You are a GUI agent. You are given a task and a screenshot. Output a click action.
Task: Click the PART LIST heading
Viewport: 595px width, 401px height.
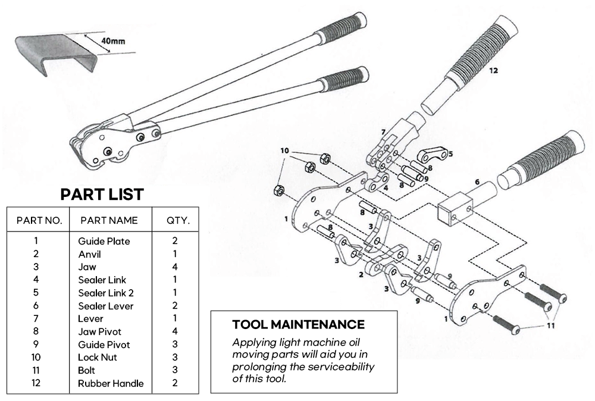(x=102, y=194)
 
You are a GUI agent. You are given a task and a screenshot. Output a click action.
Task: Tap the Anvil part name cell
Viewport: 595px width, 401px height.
(x=89, y=254)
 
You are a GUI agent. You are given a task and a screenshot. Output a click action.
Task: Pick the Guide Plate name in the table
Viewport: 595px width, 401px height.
(x=104, y=241)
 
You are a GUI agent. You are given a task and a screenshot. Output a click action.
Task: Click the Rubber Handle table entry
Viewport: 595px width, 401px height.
(x=111, y=383)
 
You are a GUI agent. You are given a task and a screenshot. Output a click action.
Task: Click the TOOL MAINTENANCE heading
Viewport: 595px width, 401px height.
(x=298, y=325)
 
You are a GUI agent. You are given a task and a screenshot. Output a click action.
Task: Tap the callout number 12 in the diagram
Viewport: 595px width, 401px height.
(x=493, y=70)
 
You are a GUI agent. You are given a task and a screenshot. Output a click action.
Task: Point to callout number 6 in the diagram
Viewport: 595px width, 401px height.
(x=476, y=182)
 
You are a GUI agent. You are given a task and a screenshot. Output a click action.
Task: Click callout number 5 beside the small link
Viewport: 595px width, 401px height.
(x=450, y=153)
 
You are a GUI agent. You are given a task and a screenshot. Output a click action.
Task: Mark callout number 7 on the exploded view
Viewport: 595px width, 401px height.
(x=383, y=132)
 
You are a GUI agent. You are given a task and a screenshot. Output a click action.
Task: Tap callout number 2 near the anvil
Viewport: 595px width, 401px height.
(x=361, y=275)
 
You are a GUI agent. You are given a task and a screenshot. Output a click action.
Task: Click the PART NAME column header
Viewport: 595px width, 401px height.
(x=109, y=221)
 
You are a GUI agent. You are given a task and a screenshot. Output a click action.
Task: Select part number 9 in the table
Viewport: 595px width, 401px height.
(x=36, y=344)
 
